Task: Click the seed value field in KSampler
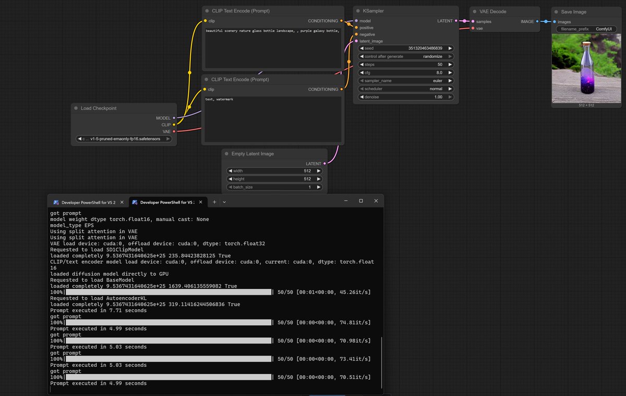(406, 48)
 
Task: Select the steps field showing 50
(406, 64)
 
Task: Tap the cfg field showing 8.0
(406, 73)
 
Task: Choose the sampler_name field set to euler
(406, 81)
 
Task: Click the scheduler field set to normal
(406, 89)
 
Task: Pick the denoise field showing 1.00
(406, 97)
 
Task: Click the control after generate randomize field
(406, 56)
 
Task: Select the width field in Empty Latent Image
(274, 171)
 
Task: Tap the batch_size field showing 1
(274, 187)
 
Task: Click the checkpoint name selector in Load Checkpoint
(124, 139)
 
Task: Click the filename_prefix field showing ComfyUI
(586, 29)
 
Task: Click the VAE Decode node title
(492, 11)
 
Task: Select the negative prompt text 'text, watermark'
(219, 99)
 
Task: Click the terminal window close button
(376, 201)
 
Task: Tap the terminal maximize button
(360, 201)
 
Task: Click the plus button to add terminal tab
(214, 202)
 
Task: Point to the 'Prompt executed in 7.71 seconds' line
(98, 310)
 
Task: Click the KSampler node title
(374, 10)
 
